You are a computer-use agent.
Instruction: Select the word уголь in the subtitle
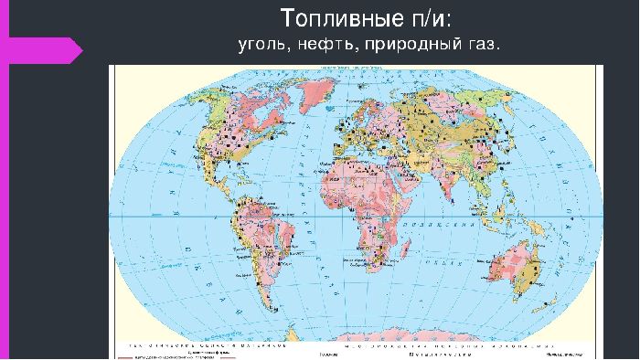tap(260, 44)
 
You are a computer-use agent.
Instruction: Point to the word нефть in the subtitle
tap(320, 44)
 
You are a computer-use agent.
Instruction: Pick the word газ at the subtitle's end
tap(482, 44)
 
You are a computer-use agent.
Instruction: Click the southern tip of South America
tap(260, 315)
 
